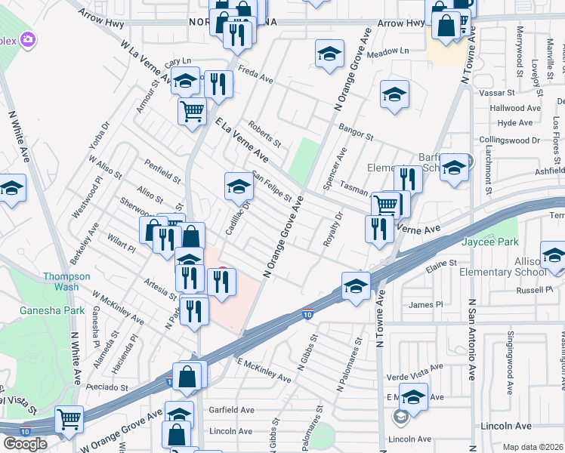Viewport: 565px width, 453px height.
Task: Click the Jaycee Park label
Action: [x=490, y=242]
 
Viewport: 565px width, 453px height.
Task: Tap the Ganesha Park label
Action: [x=53, y=310]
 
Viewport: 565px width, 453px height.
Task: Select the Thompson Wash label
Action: [x=66, y=282]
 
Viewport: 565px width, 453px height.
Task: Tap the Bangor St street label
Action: [x=356, y=134]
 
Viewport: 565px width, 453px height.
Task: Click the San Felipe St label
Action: [x=273, y=186]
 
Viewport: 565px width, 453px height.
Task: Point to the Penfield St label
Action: [x=164, y=171]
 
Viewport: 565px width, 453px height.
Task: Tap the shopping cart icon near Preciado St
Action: [x=69, y=418]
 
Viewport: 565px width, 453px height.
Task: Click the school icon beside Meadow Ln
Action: [x=329, y=54]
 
